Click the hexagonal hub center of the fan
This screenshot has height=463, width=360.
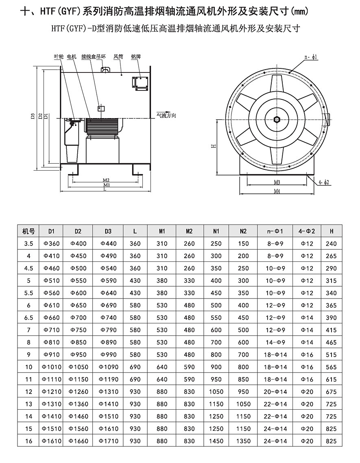pos(277,119)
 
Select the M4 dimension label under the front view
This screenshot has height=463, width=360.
pos(277,191)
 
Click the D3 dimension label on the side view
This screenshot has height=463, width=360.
pos(33,118)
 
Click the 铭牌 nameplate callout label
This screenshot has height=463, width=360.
pos(136,57)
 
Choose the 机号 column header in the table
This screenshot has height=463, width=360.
pos(28,231)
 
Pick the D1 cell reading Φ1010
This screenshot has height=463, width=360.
pos(51,367)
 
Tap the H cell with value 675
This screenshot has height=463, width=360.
pos(332,392)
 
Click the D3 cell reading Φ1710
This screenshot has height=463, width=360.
pos(108,441)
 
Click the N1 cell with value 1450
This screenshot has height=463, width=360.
pos(216,441)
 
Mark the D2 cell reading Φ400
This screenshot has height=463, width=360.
pos(78,244)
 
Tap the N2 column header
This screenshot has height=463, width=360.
pos(243,231)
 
